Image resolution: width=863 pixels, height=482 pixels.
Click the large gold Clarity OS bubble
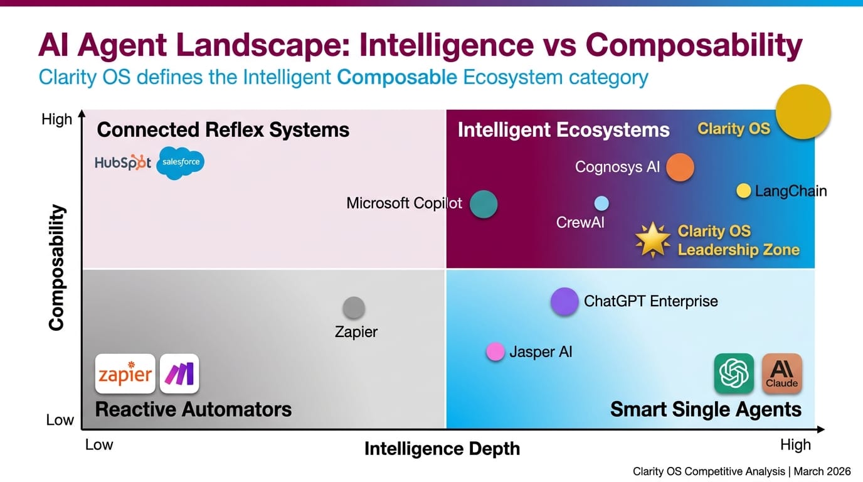(803, 112)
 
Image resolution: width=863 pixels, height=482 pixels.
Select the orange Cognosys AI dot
(680, 168)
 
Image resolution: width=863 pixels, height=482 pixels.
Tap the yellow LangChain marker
(743, 191)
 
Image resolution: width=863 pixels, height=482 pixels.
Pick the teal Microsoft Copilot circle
(484, 204)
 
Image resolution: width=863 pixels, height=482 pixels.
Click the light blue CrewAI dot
(601, 203)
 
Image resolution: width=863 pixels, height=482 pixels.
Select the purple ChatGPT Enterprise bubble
(564, 301)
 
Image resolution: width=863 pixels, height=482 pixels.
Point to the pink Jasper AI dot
(495, 351)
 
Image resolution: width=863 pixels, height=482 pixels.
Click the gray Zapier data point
(354, 308)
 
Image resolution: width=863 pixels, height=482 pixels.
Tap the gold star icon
(652, 240)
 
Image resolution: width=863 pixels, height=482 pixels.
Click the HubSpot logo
(123, 163)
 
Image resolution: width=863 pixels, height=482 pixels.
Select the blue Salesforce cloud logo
(181, 162)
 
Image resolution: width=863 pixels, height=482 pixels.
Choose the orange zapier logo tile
(125, 374)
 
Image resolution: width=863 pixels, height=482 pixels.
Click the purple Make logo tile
(179, 374)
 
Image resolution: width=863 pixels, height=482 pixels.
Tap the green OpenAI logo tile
(734, 373)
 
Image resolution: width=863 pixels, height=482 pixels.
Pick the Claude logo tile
(781, 373)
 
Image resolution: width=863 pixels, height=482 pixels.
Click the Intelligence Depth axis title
(442, 449)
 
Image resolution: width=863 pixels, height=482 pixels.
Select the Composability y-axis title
(57, 267)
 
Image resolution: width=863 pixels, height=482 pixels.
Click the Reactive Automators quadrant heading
(193, 410)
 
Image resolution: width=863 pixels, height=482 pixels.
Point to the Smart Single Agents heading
(706, 410)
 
